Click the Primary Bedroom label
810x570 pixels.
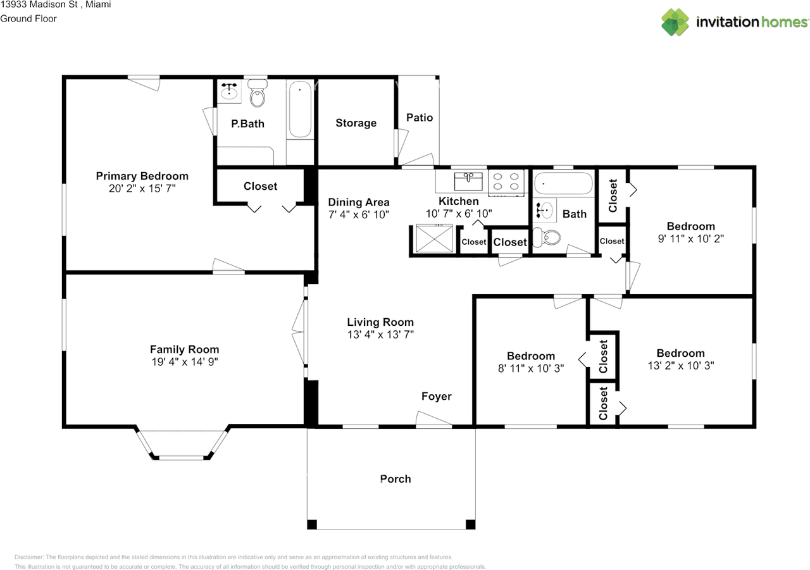142,176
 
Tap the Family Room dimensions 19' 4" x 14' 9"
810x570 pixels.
184,362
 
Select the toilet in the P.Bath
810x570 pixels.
258,95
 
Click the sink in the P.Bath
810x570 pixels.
228,93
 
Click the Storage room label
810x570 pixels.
356,123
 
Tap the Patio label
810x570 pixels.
420,117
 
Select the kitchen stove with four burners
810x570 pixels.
507,182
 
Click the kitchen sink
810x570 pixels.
468,181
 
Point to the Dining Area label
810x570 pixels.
359,202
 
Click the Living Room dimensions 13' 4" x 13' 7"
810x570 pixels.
380,335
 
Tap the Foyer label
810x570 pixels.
437,397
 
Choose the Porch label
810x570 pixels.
396,479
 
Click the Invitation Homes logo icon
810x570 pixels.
675,22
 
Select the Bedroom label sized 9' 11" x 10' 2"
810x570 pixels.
691,226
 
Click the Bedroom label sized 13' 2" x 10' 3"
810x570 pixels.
680,353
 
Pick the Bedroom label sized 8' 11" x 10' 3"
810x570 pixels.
531,356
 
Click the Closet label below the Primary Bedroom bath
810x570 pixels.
261,186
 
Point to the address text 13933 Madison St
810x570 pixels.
38,5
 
